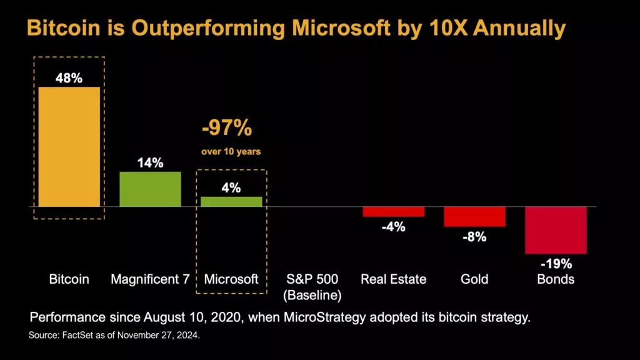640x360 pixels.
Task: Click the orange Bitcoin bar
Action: tap(69, 146)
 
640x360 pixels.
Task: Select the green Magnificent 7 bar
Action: tap(150, 189)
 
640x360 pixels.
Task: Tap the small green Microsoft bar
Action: tap(231, 201)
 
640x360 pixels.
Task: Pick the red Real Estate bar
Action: tap(393, 211)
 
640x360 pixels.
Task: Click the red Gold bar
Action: tap(474, 216)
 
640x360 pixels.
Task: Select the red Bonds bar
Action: tap(556, 230)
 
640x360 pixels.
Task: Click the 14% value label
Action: tap(150, 162)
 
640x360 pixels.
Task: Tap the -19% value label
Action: tap(556, 263)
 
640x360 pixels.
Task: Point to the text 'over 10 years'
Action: tap(231, 152)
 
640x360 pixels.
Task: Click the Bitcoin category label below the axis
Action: tap(69, 279)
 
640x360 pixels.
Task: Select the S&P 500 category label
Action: tap(312, 279)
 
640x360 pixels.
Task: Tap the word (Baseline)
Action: tap(312, 294)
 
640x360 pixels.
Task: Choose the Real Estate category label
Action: tap(393, 279)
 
